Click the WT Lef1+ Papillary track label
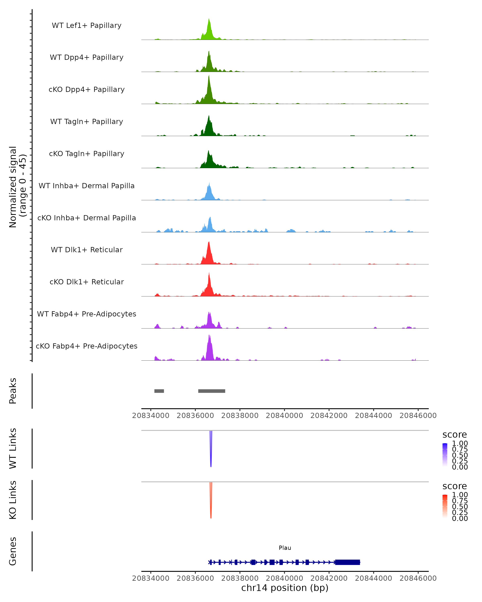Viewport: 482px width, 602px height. point(87,25)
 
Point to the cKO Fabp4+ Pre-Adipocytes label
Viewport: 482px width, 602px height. point(87,346)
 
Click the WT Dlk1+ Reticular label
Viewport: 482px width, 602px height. point(87,250)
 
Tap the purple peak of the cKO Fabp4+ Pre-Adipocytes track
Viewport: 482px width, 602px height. point(209,337)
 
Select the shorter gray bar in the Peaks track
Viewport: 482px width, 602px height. point(159,391)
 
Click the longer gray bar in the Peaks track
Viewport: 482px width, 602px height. point(211,391)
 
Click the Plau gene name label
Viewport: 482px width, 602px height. point(285,548)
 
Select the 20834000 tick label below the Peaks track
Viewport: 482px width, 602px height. point(151,416)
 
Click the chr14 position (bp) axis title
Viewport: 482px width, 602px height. point(285,588)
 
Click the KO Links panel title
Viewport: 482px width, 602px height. point(13,500)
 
